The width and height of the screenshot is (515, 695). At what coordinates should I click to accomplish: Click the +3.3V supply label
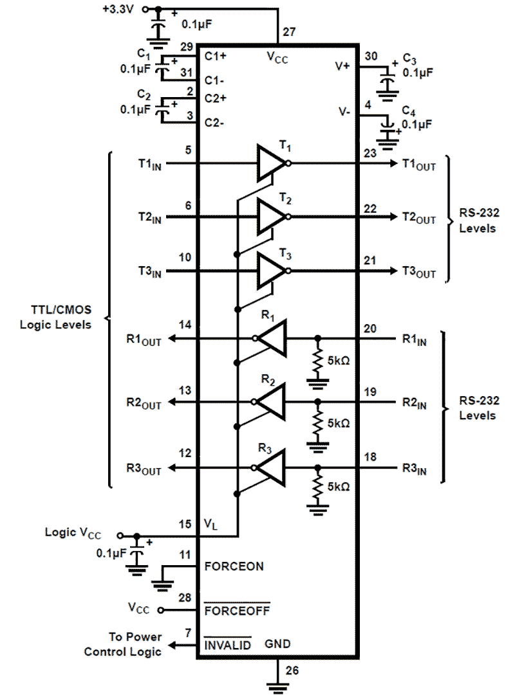(x=120, y=10)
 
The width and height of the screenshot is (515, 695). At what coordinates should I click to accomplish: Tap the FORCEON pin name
(x=234, y=566)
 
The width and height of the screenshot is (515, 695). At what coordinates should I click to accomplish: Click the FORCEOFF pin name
(x=236, y=609)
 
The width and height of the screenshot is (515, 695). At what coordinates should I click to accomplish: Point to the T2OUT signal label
(x=419, y=219)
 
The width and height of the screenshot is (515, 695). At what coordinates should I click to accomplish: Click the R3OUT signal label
(x=144, y=469)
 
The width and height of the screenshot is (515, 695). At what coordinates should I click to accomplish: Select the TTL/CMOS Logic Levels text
(x=55, y=318)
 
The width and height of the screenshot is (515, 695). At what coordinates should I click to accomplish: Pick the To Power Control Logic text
(x=124, y=644)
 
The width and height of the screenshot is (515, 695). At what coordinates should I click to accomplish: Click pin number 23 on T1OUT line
(x=370, y=154)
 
